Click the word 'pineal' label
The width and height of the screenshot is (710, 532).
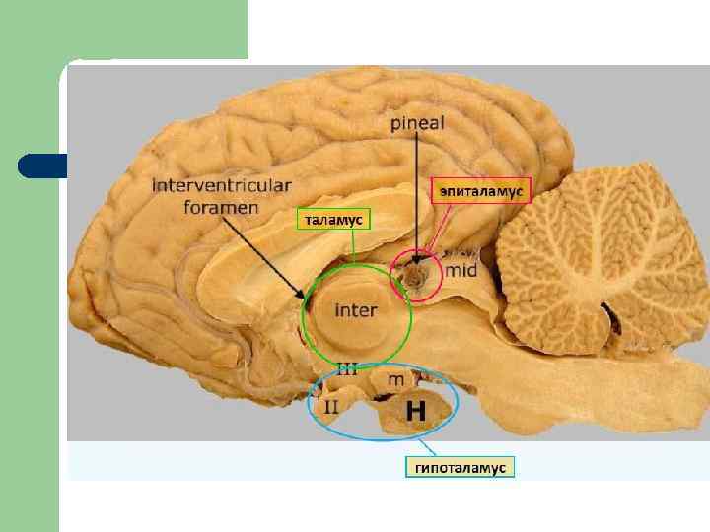(417, 124)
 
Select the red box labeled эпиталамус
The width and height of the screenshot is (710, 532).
(481, 188)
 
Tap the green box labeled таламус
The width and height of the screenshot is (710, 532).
(332, 220)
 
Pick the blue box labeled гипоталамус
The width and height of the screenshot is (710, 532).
(461, 468)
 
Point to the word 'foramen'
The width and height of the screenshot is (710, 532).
(221, 207)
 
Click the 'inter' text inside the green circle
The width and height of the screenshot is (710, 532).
(356, 310)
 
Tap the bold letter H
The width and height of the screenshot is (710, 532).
(416, 411)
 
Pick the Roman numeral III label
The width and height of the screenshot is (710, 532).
(347, 370)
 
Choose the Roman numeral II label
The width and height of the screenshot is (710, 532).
(331, 404)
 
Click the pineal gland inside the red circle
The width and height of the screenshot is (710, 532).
(416, 277)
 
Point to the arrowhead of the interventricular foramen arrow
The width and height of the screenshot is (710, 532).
(303, 295)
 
